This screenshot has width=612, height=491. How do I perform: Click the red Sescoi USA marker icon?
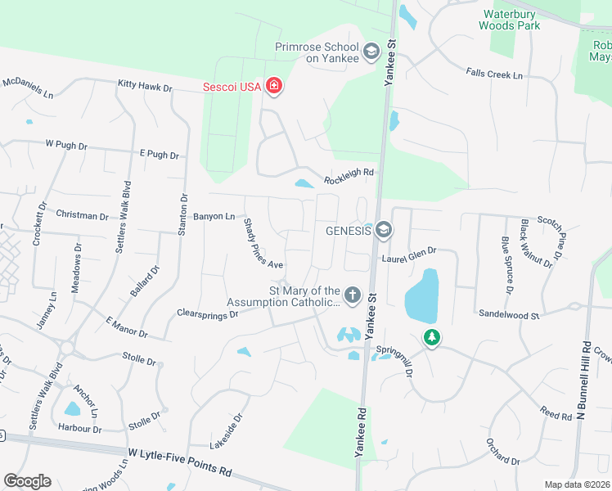click(274, 87)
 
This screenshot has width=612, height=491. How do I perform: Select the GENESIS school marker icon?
click(384, 232)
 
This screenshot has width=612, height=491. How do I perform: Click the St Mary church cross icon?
click(353, 295)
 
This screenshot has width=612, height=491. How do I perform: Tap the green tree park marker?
click(431, 336)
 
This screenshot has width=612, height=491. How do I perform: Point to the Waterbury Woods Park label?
click(512, 20)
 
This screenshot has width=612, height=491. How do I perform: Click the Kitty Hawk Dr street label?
click(145, 85)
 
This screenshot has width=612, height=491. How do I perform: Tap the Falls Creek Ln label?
click(494, 74)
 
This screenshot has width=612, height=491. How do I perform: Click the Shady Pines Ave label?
click(263, 244)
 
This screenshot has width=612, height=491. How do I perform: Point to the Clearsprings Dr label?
click(207, 313)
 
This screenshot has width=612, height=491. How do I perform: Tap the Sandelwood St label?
click(509, 314)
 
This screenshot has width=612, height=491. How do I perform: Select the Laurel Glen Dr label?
click(409, 259)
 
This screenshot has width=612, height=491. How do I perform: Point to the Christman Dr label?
click(82, 215)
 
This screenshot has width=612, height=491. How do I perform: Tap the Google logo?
click(27, 481)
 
